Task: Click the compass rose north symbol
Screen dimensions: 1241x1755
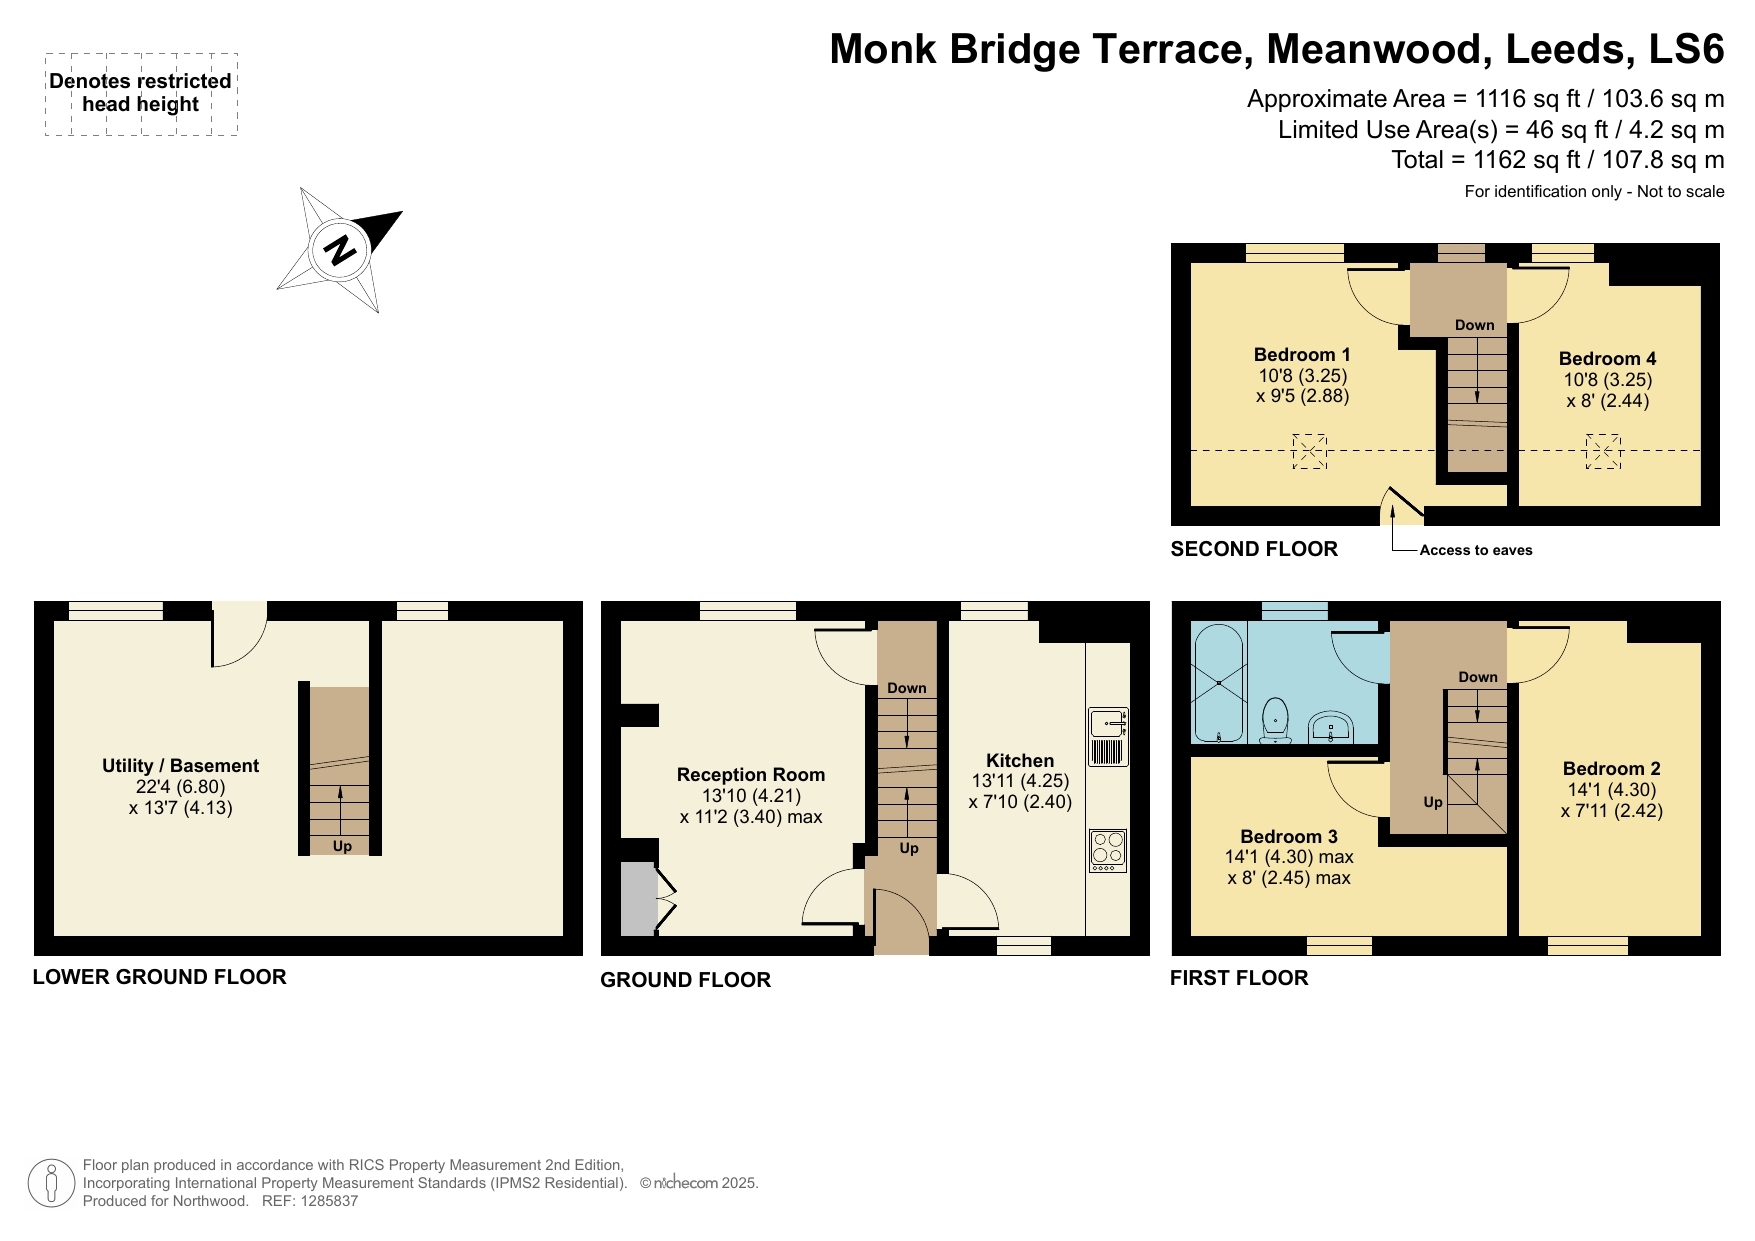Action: click(341, 249)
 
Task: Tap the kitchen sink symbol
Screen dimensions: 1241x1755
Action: click(1108, 736)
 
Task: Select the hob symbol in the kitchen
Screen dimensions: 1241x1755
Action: click(1108, 850)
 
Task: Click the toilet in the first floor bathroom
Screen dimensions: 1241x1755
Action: click(1275, 720)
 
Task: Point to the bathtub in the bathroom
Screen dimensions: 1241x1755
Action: click(1218, 684)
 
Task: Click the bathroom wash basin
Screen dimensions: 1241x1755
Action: click(1330, 727)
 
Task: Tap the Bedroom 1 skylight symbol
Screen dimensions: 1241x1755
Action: click(1309, 451)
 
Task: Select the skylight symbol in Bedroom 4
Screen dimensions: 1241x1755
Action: click(1603, 451)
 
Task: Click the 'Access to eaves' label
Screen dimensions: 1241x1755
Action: click(1475, 550)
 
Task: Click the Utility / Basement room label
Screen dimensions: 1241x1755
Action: click(180, 766)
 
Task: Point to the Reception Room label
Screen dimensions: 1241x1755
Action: click(751, 775)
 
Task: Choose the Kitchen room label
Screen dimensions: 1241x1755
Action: click(1020, 761)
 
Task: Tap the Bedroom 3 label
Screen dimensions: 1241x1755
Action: click(1288, 837)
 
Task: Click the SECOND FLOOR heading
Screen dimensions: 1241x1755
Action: click(1254, 549)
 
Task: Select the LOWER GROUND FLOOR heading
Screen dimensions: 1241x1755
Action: click(159, 977)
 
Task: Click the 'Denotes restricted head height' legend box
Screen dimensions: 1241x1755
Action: click(141, 94)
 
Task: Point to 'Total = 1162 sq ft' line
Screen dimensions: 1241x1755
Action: click(1557, 160)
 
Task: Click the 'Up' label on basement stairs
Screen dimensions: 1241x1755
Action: click(342, 846)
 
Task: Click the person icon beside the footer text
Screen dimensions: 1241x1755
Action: click(50, 1183)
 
